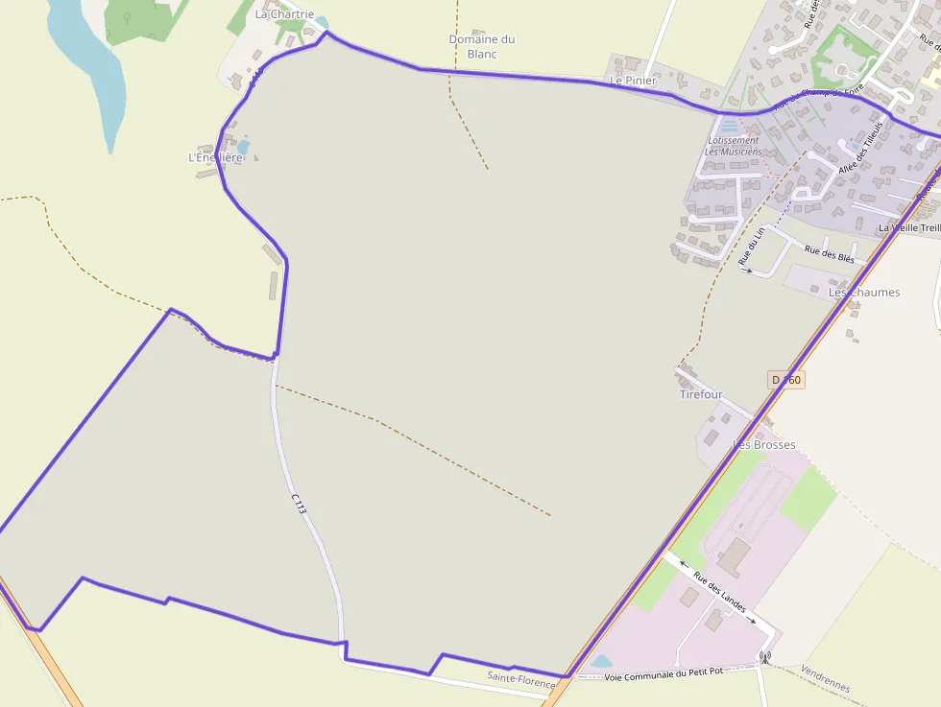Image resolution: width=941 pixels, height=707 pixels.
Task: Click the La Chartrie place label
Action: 284,14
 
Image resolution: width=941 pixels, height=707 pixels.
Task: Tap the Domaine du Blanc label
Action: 482,46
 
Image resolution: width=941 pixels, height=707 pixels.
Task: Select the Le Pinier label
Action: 633,81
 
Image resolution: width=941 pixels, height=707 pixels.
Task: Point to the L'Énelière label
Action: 215,157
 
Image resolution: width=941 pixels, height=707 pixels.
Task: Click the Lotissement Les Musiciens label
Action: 733,146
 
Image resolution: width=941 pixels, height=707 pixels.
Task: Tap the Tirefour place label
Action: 701,394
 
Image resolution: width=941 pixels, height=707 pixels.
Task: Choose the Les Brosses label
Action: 764,445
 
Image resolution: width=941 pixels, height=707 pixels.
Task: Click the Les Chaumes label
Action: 864,292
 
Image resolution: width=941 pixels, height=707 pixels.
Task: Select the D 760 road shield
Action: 785,380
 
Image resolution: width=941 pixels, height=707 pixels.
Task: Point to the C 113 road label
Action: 299,504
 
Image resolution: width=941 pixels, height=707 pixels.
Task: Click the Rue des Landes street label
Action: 719,593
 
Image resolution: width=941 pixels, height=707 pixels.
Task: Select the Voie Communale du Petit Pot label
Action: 668,675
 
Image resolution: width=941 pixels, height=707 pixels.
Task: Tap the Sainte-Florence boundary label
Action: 521,680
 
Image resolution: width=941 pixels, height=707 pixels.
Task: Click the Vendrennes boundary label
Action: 825,680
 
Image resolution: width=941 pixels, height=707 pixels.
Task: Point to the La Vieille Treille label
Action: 909,227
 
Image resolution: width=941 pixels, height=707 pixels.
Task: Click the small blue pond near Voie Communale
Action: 601,661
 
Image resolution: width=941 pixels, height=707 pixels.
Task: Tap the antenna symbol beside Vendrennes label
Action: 764,658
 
